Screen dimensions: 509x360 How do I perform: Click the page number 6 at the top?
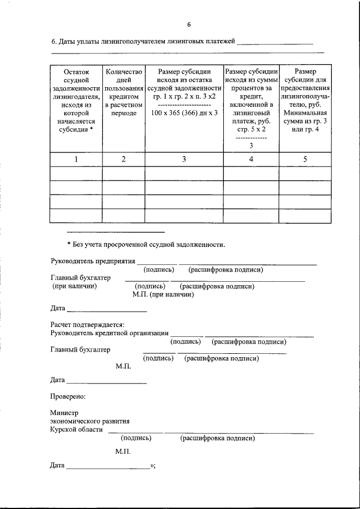[189, 24]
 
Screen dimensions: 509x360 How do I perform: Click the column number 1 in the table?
[76, 159]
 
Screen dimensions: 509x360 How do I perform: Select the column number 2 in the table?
[123, 159]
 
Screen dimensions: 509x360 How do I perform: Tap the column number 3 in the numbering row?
[184, 159]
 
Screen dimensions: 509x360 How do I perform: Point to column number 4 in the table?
[251, 159]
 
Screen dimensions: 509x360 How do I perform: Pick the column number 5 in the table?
[305, 159]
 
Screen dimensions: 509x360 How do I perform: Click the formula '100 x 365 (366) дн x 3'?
[184, 113]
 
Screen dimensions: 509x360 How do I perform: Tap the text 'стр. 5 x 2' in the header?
[251, 129]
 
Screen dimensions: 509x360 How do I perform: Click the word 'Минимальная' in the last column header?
[305, 113]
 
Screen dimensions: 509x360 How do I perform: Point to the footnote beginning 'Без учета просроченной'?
[146, 245]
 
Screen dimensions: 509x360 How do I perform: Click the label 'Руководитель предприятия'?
[93, 261]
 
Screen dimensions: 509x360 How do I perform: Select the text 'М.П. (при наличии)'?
[163, 294]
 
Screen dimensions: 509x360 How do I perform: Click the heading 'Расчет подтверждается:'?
[87, 325]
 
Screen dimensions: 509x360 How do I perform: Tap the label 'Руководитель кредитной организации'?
[109, 333]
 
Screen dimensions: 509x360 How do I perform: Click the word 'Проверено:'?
[67, 397]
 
